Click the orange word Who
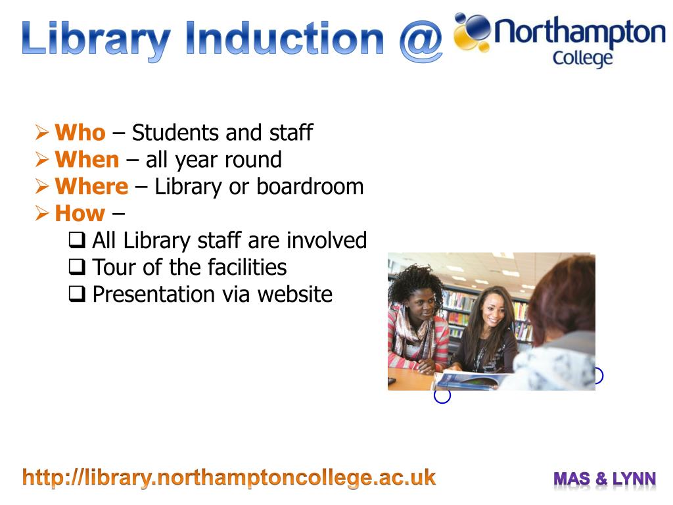click(x=80, y=133)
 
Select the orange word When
click(x=87, y=160)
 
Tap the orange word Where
click(x=91, y=187)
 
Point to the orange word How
click(x=80, y=214)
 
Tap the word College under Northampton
click(x=582, y=58)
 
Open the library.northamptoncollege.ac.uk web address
click(x=229, y=477)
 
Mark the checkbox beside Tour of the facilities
click(x=76, y=268)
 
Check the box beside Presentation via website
click(x=76, y=295)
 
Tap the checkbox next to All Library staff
click(x=76, y=241)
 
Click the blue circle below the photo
click(x=442, y=396)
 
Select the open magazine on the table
click(x=470, y=380)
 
